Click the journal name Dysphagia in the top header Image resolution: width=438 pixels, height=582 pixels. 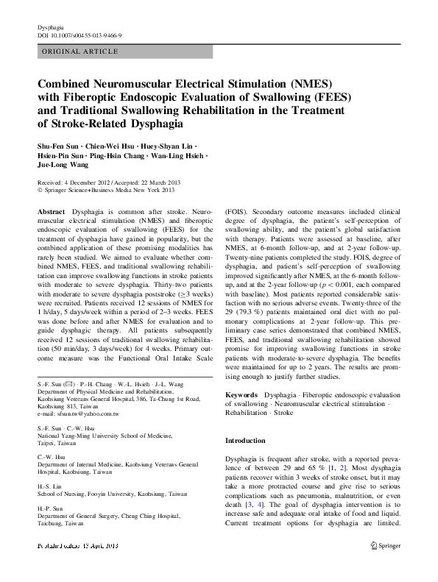click(50, 26)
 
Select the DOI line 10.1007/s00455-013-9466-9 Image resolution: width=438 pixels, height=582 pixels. click(80, 35)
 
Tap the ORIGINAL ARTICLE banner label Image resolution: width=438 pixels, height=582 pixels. click(80, 52)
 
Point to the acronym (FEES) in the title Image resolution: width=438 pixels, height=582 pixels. click(331, 96)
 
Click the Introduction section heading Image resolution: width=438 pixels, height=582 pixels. click(245, 441)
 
